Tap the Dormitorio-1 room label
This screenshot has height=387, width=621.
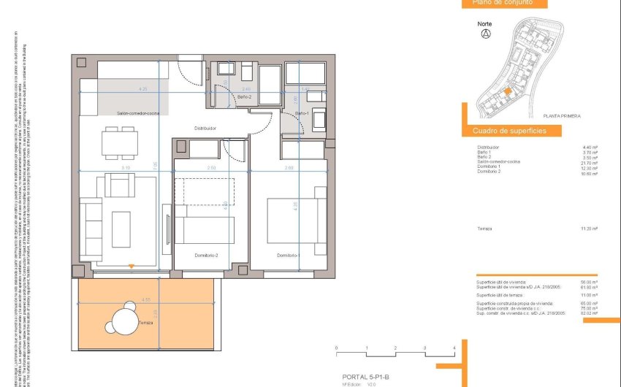(x=288, y=256)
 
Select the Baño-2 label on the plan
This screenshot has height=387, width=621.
(x=245, y=97)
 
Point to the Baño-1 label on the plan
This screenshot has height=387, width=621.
(x=302, y=113)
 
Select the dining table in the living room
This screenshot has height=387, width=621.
(x=120, y=143)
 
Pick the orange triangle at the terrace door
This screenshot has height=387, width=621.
(x=131, y=267)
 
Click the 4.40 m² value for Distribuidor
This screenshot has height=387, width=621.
(x=590, y=147)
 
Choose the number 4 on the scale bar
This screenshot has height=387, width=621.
(x=454, y=348)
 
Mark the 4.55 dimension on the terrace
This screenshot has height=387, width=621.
(x=146, y=300)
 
